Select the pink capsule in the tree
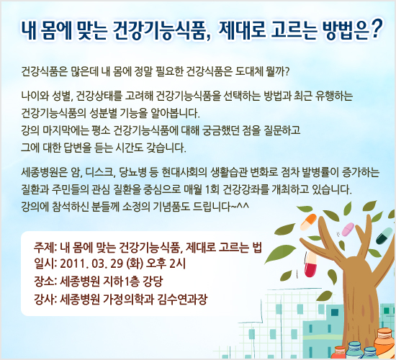coord(346,229)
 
